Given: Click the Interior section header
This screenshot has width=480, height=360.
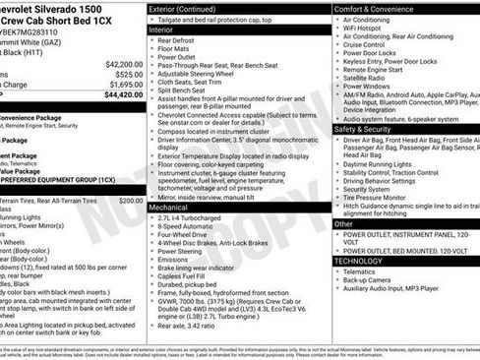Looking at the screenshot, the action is click(x=160, y=30).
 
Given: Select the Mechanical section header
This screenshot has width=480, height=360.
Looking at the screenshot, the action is click(x=168, y=208).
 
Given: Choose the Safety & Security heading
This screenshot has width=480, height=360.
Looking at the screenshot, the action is click(x=369, y=129).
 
